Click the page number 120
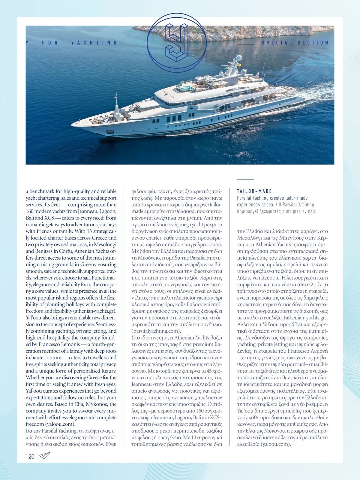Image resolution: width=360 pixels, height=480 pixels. coord(30,457)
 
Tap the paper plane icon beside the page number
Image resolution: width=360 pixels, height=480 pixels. coord(44,456)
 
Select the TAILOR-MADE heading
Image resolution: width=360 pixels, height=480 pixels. coord(254,191)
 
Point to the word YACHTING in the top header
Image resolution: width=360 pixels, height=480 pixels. coord(94,43)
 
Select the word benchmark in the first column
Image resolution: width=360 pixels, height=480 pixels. coord(42,191)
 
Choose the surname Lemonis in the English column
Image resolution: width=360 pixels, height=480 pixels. coord(70,344)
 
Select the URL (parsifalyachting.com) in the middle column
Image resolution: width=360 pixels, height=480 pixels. coord(156,331)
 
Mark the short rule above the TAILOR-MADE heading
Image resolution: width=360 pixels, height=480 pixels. coord(245,180)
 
